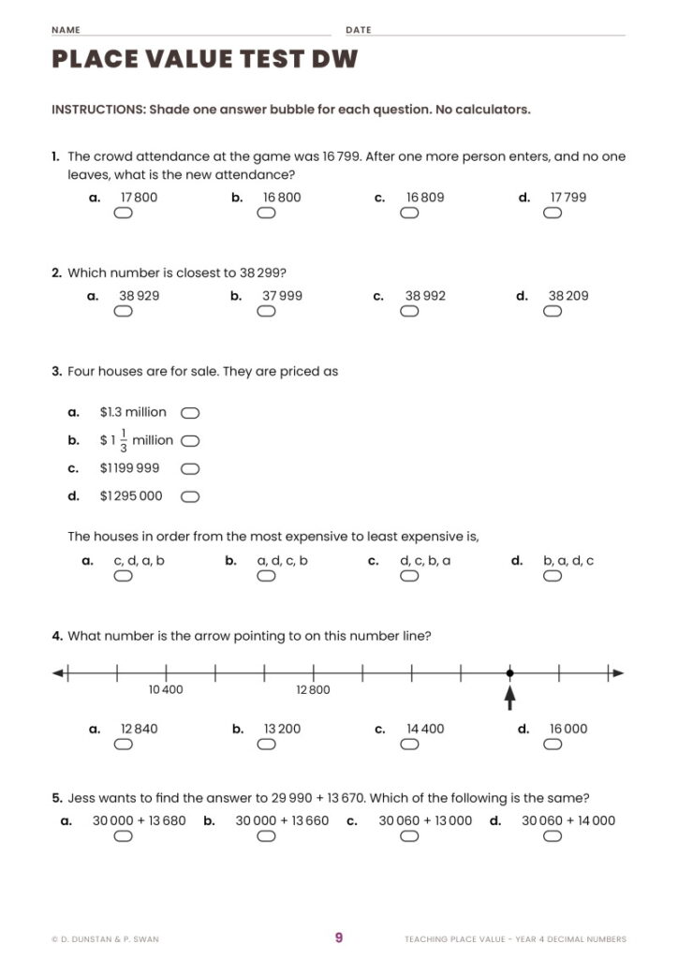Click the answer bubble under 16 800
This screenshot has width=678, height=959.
(266, 214)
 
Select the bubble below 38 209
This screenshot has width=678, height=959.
(553, 312)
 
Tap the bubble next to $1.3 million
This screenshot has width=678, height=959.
(190, 412)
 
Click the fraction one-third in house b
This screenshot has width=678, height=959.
(124, 440)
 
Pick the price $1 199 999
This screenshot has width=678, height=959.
(129, 468)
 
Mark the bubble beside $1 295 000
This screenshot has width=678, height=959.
(190, 496)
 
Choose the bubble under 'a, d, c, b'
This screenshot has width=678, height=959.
(266, 577)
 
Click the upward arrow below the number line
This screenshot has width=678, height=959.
(509, 697)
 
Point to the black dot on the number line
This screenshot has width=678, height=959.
(509, 672)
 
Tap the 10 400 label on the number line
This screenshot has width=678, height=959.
(166, 690)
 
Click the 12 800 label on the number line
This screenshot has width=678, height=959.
(313, 690)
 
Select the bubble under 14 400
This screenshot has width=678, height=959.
(409, 745)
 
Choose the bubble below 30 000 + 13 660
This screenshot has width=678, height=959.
(266, 836)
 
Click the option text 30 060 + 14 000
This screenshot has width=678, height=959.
(568, 820)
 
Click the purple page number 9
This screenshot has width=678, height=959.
(339, 937)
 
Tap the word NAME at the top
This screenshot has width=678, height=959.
(66, 30)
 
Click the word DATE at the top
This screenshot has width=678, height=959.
(358, 30)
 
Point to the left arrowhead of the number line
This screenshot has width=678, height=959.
(58, 672)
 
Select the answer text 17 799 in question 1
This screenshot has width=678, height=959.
(567, 198)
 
